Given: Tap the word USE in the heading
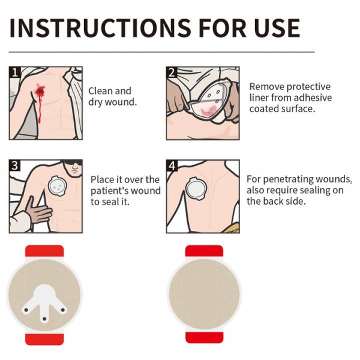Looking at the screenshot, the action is pos(277,28).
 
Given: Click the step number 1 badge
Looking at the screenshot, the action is pos(14,72).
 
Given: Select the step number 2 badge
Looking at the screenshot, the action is pos(172,72).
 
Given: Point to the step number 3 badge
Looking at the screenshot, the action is pos(14,166).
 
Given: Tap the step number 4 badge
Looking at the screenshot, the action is pos(172,166).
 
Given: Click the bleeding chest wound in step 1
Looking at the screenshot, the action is pos(41,91).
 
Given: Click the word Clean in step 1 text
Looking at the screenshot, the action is pos(99,91).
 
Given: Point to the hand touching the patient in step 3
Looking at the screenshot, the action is pos(38,211).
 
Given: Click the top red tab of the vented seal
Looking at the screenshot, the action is pos(44,251).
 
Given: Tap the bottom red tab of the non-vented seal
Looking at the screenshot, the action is pos(204,337).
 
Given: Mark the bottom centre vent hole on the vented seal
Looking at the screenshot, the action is pos(44,319).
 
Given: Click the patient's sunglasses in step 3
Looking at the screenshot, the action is pos(73,163).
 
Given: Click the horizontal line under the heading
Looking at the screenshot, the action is pos(161,52).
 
